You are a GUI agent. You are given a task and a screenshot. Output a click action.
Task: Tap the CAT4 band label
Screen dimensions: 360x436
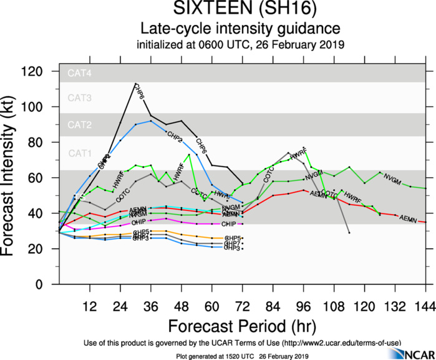coord(80,73)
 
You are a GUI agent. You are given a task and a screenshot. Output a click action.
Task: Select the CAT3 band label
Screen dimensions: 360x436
coord(80,97)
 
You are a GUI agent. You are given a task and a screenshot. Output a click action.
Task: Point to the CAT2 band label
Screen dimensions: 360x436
coord(80,125)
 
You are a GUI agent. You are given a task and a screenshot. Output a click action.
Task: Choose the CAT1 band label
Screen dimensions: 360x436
coord(80,153)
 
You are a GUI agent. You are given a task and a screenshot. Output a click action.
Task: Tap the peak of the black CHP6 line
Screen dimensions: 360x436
coord(135,83)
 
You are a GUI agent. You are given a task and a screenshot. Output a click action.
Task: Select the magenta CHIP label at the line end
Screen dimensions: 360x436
coord(230,223)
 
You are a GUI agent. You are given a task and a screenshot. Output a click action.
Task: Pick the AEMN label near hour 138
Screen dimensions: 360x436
coord(408,219)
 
